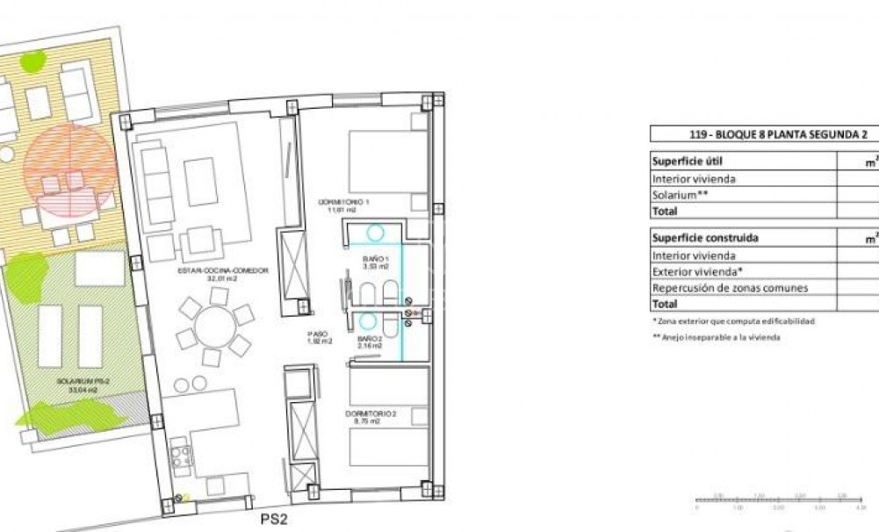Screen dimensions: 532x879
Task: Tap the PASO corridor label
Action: pyautogui.click(x=317, y=338)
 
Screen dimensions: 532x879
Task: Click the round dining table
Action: pyautogui.click(x=215, y=327)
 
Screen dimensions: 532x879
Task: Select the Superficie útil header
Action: pyautogui.click(x=687, y=162)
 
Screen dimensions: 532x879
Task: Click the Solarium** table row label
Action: pyautogui.click(x=680, y=195)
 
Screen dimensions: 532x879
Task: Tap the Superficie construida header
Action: pyautogui.click(x=705, y=238)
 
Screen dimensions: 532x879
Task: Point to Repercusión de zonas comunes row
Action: pyautogui.click(x=730, y=288)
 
